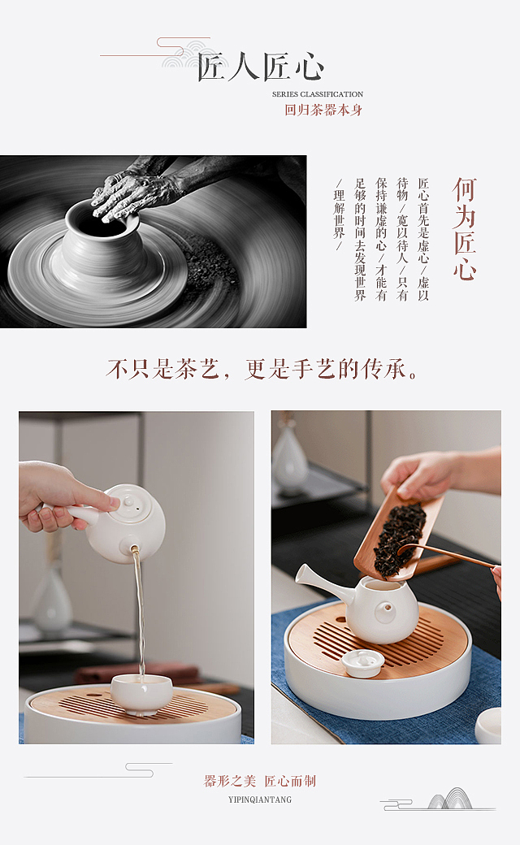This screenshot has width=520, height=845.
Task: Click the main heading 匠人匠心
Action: pyautogui.click(x=260, y=67)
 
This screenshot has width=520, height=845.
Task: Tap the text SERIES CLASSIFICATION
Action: pyautogui.click(x=318, y=95)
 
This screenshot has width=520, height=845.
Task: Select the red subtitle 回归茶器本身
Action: pyautogui.click(x=323, y=110)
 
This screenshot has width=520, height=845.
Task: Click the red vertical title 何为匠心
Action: pyautogui.click(x=464, y=229)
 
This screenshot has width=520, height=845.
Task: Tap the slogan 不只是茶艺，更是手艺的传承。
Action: pyautogui.click(x=265, y=370)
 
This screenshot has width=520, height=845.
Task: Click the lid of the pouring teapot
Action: pyautogui.click(x=129, y=505)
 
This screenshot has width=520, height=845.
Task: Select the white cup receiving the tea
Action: pyautogui.click(x=141, y=693)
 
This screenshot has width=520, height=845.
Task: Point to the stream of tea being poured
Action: pyautogui.click(x=139, y=617)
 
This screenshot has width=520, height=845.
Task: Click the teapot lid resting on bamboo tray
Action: pyautogui.click(x=362, y=663)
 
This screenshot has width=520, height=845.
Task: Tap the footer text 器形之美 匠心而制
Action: pyautogui.click(x=259, y=781)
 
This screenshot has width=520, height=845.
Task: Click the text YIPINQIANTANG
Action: pyautogui.click(x=259, y=799)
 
